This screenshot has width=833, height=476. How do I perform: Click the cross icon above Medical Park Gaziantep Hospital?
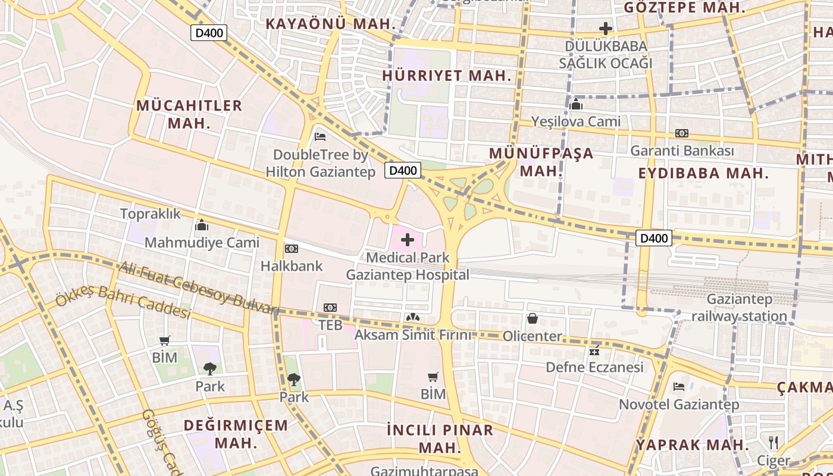pos(408,240)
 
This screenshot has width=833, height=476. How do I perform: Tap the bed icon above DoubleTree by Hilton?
pos(320,136)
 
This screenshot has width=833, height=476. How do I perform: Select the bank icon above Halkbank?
pos(292,248)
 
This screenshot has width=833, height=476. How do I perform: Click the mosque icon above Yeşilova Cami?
pos(576,104)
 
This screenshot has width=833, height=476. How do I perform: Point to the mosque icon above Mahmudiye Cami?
pos(202,225)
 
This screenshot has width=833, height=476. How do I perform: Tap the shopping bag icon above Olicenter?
pos(533,318)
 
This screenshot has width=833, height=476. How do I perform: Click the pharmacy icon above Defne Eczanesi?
pos(594,350)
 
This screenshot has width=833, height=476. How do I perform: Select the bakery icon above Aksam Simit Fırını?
pos(412,318)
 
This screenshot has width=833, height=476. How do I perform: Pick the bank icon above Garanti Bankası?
pos(682,133)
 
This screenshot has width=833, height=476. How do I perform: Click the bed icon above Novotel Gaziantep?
pos(679,387)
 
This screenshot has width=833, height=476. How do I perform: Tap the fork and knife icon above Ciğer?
pos(773,443)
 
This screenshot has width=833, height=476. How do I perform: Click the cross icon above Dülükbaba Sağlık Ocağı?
pos(606,28)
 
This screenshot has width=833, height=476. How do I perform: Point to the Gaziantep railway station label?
pos(739,307)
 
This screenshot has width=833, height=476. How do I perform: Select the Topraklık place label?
pos(151,214)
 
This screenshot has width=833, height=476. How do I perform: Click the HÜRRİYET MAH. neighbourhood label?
pos(447,76)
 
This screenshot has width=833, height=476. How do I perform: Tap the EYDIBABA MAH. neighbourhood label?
pos(704,173)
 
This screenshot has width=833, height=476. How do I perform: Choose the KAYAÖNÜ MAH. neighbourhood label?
pos(331,24)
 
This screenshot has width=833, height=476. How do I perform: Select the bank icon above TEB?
pos(330,308)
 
